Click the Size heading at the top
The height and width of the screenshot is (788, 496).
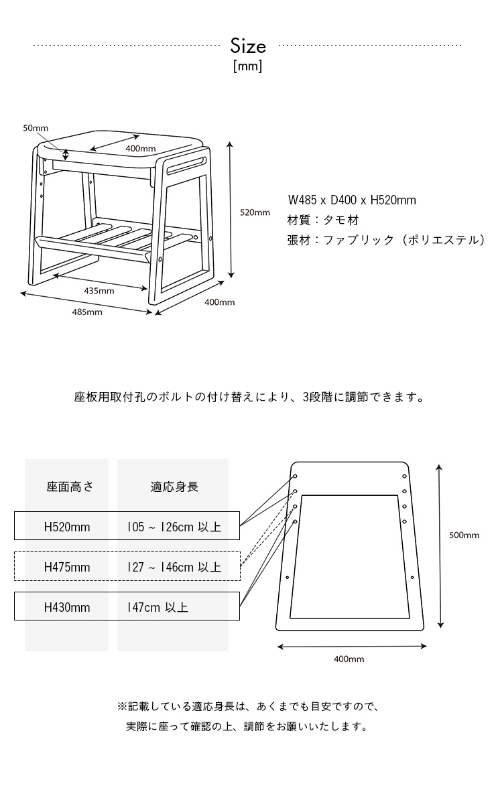pyautogui.click(x=248, y=46)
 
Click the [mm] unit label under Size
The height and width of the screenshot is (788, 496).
pyautogui.click(x=248, y=66)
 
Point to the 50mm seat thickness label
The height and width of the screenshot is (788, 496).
pyautogui.click(x=36, y=128)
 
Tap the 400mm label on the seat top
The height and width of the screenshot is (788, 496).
pyautogui.click(x=141, y=148)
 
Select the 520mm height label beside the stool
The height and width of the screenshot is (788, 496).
pyautogui.click(x=255, y=212)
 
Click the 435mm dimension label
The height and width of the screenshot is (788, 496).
pyautogui.click(x=99, y=291)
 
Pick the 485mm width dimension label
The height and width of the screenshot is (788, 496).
pyautogui.click(x=87, y=312)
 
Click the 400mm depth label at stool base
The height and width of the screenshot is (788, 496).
pyautogui.click(x=220, y=302)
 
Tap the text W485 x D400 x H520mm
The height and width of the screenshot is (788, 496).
pyautogui.click(x=352, y=200)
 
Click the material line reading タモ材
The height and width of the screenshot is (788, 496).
pyautogui.click(x=323, y=220)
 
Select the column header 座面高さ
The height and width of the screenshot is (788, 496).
pyautogui.click(x=70, y=486)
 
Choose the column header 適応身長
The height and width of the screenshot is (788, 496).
pyautogui.click(x=174, y=486)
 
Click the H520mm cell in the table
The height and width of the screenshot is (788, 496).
pyautogui.click(x=67, y=527)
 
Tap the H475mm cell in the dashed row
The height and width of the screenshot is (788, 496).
pyautogui.click(x=67, y=567)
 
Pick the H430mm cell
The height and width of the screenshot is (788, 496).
pyautogui.click(x=67, y=607)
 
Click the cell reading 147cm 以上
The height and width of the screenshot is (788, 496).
pyautogui.click(x=158, y=607)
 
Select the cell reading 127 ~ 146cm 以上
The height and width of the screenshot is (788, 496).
pyautogui.click(x=174, y=567)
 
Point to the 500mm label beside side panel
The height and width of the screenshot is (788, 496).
pyautogui.click(x=464, y=535)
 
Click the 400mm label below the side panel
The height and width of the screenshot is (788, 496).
pyautogui.click(x=349, y=659)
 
